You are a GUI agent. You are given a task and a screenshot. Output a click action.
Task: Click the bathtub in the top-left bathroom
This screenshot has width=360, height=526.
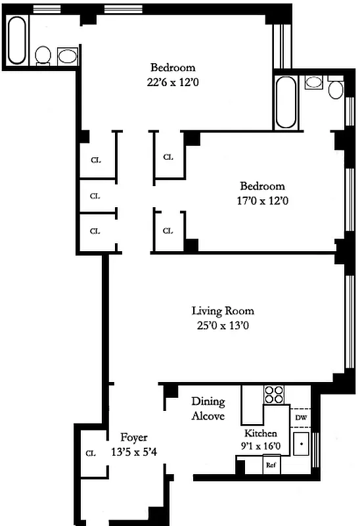click(x=17, y=40)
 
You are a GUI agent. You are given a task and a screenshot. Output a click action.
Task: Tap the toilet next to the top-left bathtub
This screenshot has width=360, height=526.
click(x=44, y=55)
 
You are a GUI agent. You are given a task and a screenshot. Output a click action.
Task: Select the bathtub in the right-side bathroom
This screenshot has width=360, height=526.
click(x=286, y=103)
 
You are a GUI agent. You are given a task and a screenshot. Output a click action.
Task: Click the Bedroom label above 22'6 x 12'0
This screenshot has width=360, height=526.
click(x=173, y=67)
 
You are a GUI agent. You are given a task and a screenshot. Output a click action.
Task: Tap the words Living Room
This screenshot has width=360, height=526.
click(x=223, y=311)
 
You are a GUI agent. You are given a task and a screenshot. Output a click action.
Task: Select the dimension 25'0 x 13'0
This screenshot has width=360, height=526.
click(x=223, y=325)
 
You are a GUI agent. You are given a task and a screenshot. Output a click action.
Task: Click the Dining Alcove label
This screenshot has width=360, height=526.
click(x=208, y=409)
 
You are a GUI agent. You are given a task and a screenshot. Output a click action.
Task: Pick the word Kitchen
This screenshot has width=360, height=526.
click(x=260, y=434)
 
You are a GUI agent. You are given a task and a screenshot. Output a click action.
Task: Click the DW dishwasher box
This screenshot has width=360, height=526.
click(x=300, y=418)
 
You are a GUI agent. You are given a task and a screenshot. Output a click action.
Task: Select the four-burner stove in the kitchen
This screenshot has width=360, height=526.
click(x=274, y=394)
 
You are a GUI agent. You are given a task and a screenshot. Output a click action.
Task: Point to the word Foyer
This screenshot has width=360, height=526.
click(x=134, y=437)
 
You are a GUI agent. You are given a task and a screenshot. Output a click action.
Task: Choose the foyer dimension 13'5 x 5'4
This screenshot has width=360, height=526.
click(x=138, y=452)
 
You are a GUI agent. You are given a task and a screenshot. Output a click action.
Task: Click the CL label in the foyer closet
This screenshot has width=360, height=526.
click(x=90, y=453)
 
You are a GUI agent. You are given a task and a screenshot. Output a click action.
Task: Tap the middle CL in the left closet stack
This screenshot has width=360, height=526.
click(x=95, y=196)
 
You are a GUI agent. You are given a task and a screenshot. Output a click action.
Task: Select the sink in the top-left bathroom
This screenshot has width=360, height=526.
click(x=67, y=55)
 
